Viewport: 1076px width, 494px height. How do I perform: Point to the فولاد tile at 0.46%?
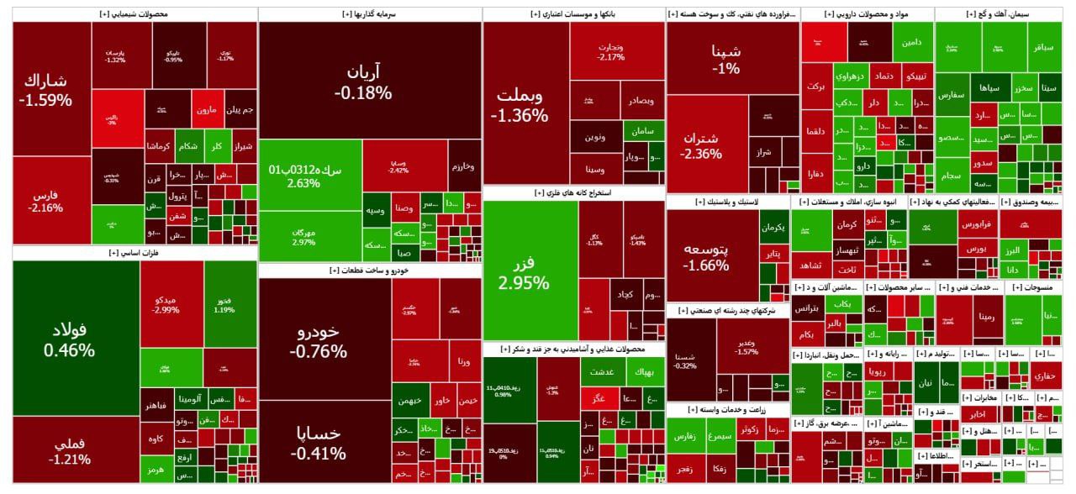[x=76, y=338]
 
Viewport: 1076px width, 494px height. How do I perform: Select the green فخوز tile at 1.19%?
[x=224, y=304]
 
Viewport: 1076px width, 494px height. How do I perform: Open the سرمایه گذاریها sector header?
[x=370, y=14]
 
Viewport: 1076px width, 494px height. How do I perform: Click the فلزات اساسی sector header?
[x=134, y=253]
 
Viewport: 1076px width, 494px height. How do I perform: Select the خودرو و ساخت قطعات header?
[x=370, y=271]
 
